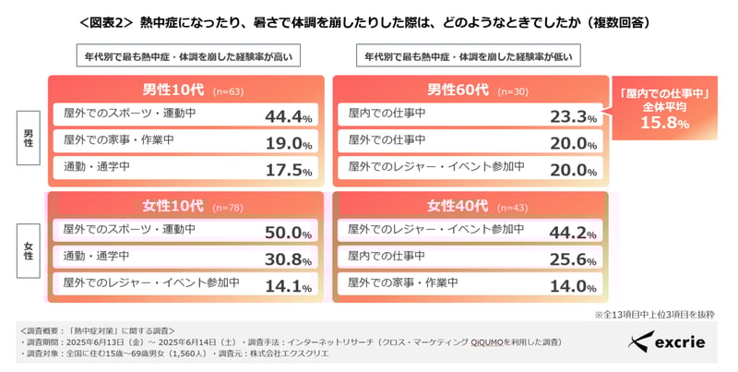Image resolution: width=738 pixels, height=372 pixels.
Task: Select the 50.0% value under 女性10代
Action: pos(289,233)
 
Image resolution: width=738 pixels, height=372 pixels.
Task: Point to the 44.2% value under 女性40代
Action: pos(573,233)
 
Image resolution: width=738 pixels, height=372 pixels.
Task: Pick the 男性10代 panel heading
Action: pos(167,90)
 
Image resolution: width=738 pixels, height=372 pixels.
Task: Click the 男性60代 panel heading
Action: pos(452,90)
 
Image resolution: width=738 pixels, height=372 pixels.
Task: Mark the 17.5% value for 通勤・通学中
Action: pos(289,170)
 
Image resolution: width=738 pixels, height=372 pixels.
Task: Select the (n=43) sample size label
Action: pos(516,207)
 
